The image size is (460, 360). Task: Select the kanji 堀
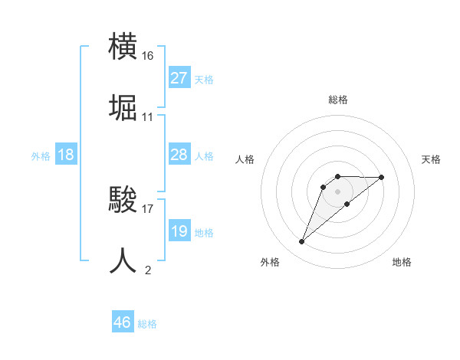point(123,110)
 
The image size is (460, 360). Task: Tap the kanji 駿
point(123,201)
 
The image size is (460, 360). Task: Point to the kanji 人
point(123,261)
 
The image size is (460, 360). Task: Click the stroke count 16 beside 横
point(148,56)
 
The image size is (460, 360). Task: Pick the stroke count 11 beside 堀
point(148,117)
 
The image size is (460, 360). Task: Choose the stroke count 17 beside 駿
point(148,207)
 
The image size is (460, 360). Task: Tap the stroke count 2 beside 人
point(148,269)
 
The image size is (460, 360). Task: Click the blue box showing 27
point(179,78)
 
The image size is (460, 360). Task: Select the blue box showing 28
point(179,155)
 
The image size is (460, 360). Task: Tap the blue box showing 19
point(179,231)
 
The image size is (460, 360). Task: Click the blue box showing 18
point(65,155)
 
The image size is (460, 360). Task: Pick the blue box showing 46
point(123,322)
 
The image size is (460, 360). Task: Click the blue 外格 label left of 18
point(41,156)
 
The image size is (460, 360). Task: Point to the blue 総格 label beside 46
point(147,324)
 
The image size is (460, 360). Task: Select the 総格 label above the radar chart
point(337,100)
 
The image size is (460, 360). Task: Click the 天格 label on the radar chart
point(431,159)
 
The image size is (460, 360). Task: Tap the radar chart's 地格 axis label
point(402,262)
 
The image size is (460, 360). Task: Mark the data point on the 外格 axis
point(301,242)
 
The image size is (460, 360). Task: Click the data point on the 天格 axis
point(382,177)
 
